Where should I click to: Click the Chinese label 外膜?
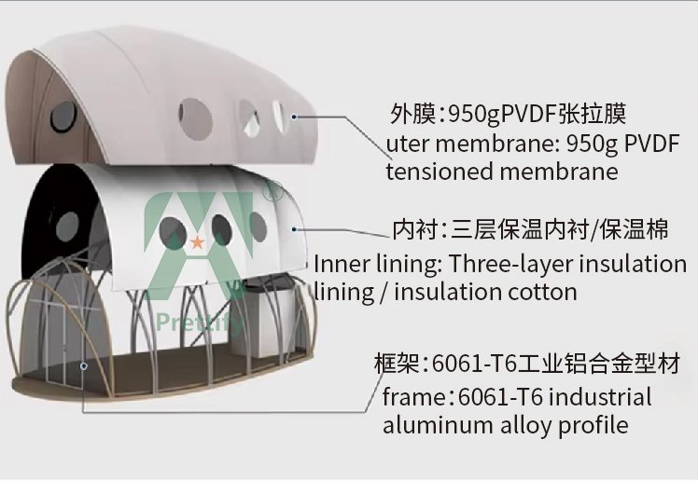pos(412,115)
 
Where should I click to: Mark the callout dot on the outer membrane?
pos(294,117)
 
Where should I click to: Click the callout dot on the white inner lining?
pos(294,227)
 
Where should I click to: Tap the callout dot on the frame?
pos(84,365)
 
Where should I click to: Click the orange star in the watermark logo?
pos(197,243)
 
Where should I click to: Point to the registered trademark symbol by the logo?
pos(272,191)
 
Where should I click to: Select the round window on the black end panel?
pos(68,225)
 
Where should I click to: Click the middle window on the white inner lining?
pos(222,229)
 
